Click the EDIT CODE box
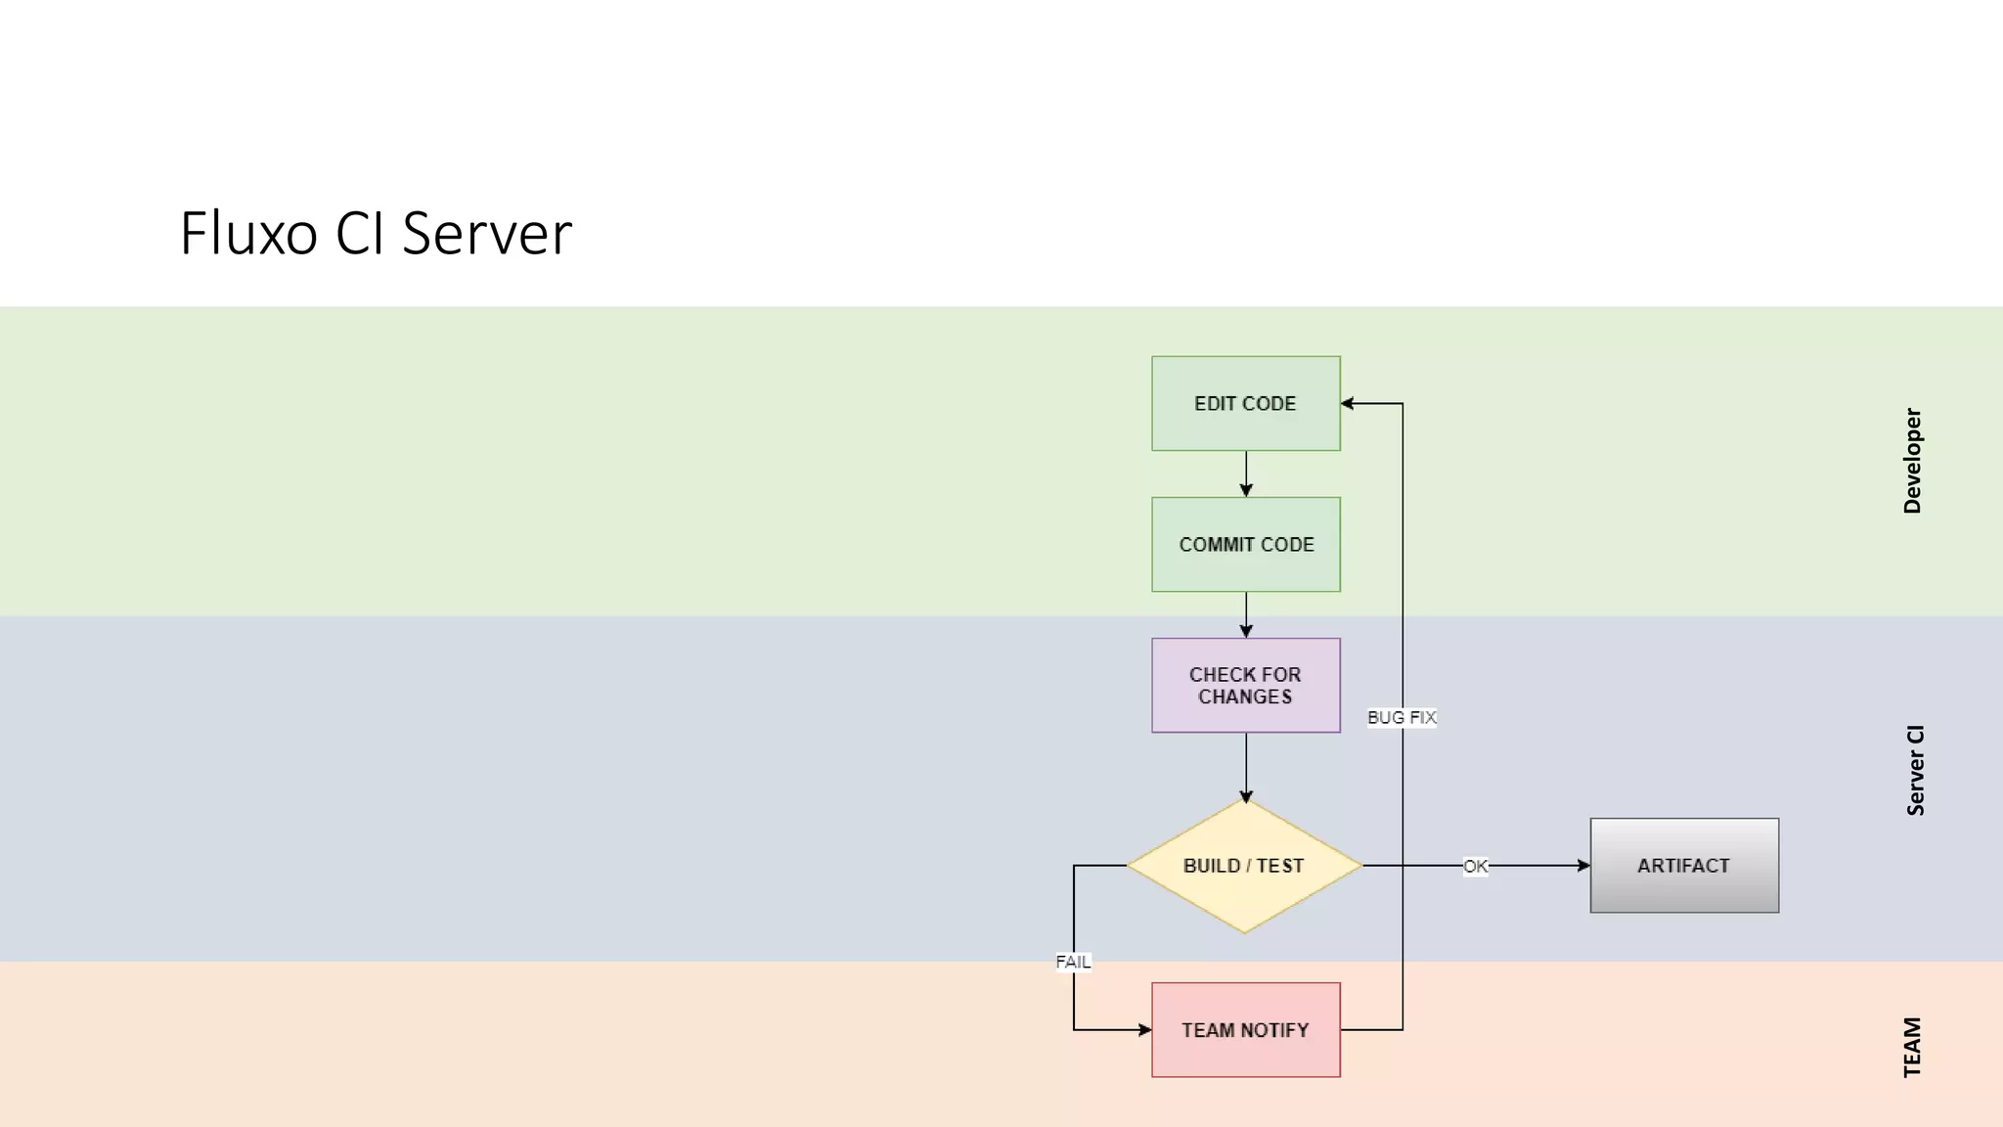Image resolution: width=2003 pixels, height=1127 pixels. (x=1245, y=403)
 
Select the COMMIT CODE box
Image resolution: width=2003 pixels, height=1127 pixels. (x=1245, y=544)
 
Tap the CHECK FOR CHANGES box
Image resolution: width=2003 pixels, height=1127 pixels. (x=1245, y=685)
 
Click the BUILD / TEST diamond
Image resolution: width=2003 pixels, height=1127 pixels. (x=1244, y=866)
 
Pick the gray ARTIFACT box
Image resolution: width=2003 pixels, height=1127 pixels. (x=1683, y=866)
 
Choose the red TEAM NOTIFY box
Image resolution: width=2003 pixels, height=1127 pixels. (x=1245, y=1029)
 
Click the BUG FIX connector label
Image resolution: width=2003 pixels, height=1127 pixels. (x=1402, y=717)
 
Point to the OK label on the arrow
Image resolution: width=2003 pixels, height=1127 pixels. (x=1475, y=866)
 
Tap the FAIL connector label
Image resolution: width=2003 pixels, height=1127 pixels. (x=1073, y=962)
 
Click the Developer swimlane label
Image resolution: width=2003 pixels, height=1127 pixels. (x=1912, y=461)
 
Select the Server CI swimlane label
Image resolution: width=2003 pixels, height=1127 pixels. (x=1915, y=770)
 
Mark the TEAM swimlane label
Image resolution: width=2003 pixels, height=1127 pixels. (x=1912, y=1047)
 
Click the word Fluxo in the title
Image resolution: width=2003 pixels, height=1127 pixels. (x=248, y=234)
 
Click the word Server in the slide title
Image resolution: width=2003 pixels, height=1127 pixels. (x=486, y=234)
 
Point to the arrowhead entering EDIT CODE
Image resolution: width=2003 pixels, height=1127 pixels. (x=1348, y=403)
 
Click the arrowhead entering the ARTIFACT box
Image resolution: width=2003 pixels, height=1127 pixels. (x=1583, y=866)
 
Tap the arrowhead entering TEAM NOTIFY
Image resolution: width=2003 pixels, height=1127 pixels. (x=1145, y=1029)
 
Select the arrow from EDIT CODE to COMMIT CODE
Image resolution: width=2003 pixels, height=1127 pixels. (x=1246, y=473)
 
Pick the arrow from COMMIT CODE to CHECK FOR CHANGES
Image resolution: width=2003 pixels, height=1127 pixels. (x=1246, y=614)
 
